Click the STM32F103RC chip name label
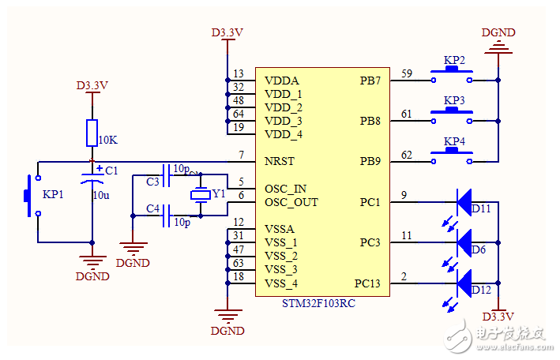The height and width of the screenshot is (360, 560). [x=319, y=304]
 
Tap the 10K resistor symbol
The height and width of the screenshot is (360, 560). [x=92, y=133]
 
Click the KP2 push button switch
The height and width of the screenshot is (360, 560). [x=452, y=75]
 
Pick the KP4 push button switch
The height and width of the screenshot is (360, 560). [x=452, y=157]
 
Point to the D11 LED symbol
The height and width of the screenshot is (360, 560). [x=466, y=201]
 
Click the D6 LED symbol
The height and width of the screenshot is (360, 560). [x=466, y=239]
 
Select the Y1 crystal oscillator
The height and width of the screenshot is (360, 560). [x=200, y=195]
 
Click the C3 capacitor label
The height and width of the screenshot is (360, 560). [x=152, y=182]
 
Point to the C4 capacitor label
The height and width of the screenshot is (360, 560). [x=152, y=209]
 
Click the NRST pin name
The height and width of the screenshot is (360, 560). [x=280, y=161]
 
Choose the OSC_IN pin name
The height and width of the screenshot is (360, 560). [x=286, y=189]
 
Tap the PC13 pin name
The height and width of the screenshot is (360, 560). [x=367, y=283]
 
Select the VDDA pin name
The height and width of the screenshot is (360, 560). [x=282, y=80]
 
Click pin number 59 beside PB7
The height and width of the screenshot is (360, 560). [x=407, y=74]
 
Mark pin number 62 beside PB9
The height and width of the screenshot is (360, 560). [x=407, y=156]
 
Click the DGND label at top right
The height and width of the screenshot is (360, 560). [x=498, y=32]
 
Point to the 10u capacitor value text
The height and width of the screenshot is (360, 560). [x=101, y=195]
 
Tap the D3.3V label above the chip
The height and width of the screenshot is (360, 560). [x=227, y=32]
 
